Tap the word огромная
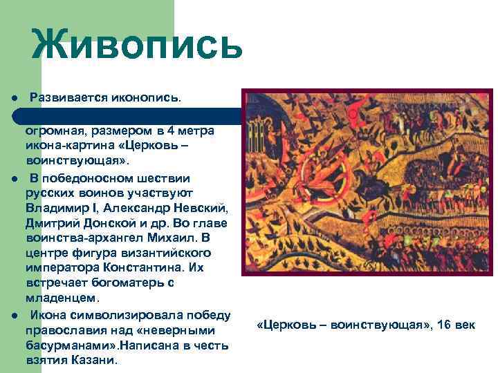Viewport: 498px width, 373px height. pyautogui.click(x=53, y=131)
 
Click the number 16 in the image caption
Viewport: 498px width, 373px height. pyautogui.click(x=445, y=325)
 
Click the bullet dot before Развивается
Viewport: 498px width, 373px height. pyautogui.click(x=14, y=99)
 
